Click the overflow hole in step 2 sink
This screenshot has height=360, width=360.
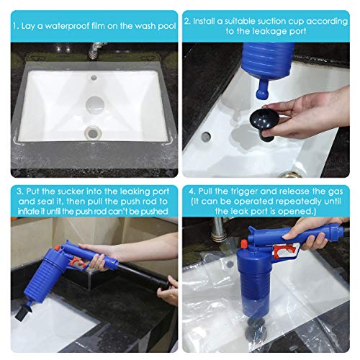(x=206, y=136)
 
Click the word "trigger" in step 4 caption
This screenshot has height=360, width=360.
(x=244, y=192)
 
